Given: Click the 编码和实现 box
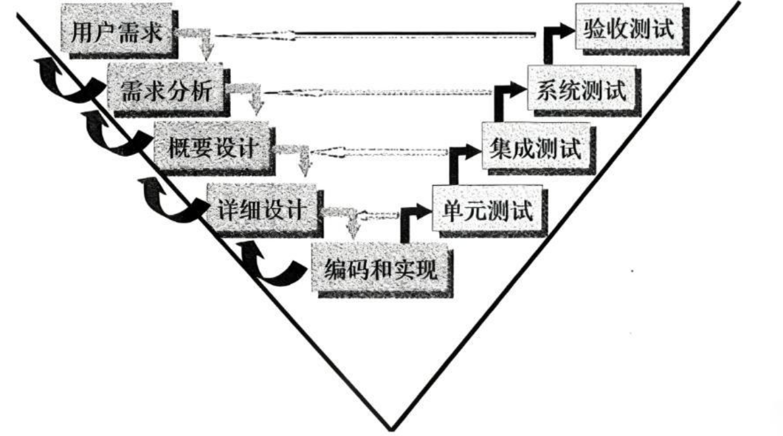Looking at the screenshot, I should [x=380, y=270].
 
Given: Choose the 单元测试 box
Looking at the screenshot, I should [x=487, y=212].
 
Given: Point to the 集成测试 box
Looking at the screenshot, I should [x=535, y=148].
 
